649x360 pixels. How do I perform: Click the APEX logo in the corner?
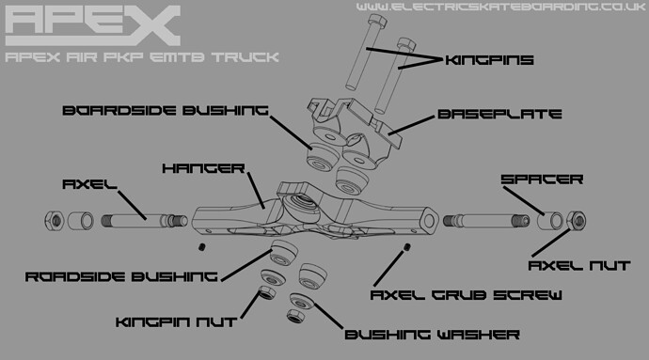92,25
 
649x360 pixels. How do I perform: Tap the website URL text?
500,8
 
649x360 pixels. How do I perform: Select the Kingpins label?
489,60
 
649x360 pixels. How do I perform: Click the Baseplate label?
499,115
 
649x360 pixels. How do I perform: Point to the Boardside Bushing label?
164,110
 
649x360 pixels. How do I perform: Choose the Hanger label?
202,168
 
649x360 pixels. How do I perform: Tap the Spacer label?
541,178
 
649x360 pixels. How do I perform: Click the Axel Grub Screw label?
467,294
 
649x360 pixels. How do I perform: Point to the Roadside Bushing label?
121,276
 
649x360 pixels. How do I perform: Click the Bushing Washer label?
432,334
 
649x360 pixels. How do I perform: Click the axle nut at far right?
577,222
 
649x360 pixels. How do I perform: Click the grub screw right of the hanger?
406,247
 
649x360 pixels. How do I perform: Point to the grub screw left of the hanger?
202,246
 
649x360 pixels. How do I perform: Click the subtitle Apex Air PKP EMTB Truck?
141,58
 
